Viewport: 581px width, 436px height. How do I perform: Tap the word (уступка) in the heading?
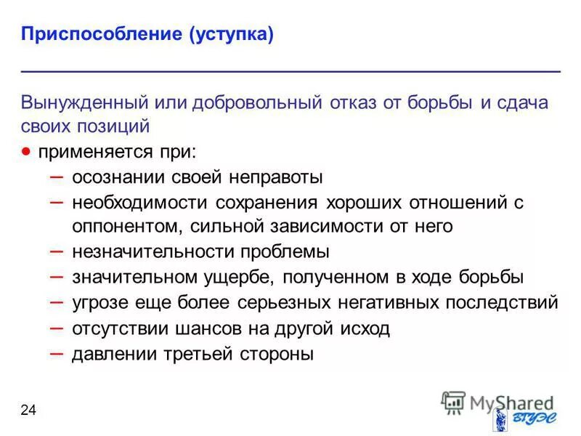point(232,35)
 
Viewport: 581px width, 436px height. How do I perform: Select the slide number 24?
point(28,411)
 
